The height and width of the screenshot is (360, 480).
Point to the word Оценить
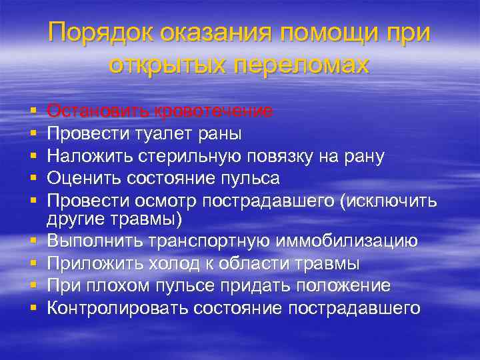pos(83,178)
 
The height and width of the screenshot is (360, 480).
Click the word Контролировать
pos(118,308)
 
